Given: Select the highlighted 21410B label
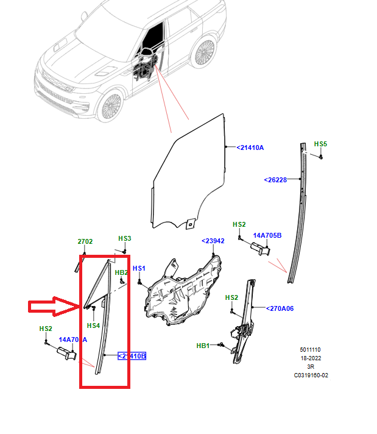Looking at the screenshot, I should [x=132, y=356].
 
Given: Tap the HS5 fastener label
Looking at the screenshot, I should [x=320, y=144].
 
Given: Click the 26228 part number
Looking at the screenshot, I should [x=275, y=180].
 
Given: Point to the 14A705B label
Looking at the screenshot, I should [x=267, y=235].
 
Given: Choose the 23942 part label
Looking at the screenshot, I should [x=213, y=241].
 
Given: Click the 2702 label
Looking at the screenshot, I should [x=85, y=242].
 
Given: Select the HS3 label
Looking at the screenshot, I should [x=125, y=238].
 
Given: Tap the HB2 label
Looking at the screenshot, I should [x=122, y=272].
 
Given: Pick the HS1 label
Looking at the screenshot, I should [x=139, y=268].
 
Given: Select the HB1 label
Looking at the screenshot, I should [x=203, y=346].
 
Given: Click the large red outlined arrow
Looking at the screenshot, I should [x=54, y=306].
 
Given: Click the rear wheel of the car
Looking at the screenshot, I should [x=203, y=53].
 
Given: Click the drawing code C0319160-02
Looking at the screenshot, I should [x=311, y=375].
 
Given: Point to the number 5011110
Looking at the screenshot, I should [x=311, y=350].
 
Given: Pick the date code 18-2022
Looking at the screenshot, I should [x=311, y=358].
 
